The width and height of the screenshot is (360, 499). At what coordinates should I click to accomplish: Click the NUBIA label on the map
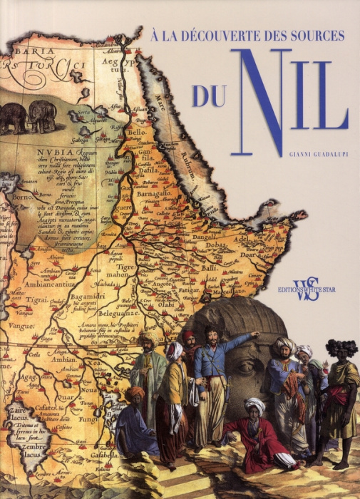point(58,153)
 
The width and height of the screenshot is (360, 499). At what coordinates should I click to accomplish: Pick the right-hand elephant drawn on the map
point(43,115)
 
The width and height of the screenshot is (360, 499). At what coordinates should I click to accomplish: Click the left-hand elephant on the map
point(12,118)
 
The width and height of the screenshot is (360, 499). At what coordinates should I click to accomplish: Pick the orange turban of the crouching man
point(135,393)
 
